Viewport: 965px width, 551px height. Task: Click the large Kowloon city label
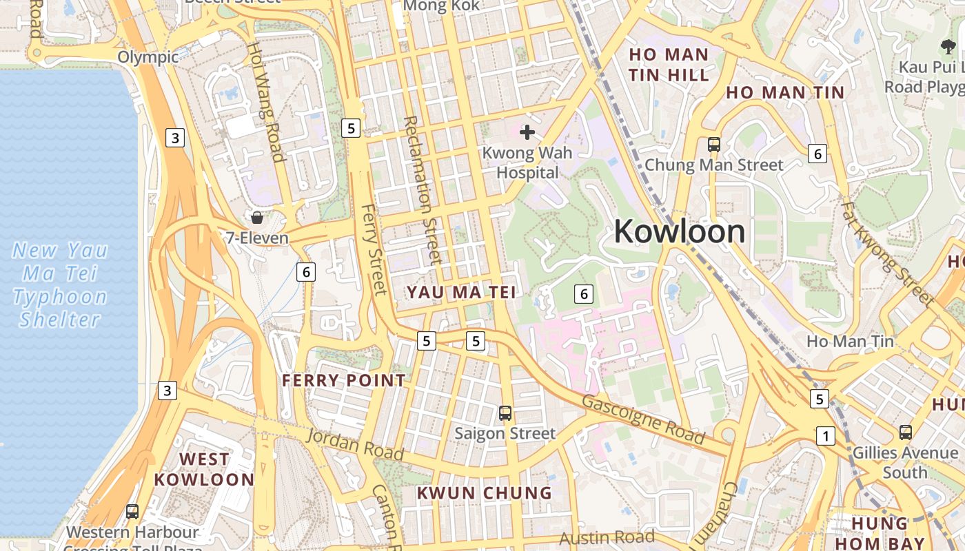(680, 231)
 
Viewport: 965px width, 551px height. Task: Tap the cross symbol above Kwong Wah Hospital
(527, 132)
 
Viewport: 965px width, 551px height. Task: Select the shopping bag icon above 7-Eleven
(257, 218)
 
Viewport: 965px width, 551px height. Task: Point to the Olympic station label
(148, 56)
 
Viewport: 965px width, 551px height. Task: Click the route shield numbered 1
(825, 435)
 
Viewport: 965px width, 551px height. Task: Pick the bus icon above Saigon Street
(505, 413)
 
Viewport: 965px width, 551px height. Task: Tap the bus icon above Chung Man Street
(714, 145)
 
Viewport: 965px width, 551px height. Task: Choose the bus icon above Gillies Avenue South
(906, 433)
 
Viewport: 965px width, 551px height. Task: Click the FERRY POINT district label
(344, 380)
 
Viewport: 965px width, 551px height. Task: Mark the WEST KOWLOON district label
(204, 469)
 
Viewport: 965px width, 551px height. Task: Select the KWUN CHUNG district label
(485, 493)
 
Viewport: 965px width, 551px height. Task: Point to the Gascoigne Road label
(644, 419)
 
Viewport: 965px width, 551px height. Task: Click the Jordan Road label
(354, 444)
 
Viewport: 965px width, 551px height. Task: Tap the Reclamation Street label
(421, 189)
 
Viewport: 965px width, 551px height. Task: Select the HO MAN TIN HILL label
(669, 65)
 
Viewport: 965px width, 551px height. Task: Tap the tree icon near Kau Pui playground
(948, 47)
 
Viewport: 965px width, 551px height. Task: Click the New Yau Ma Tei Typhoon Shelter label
(60, 284)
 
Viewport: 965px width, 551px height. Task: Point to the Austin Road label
(607, 537)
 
